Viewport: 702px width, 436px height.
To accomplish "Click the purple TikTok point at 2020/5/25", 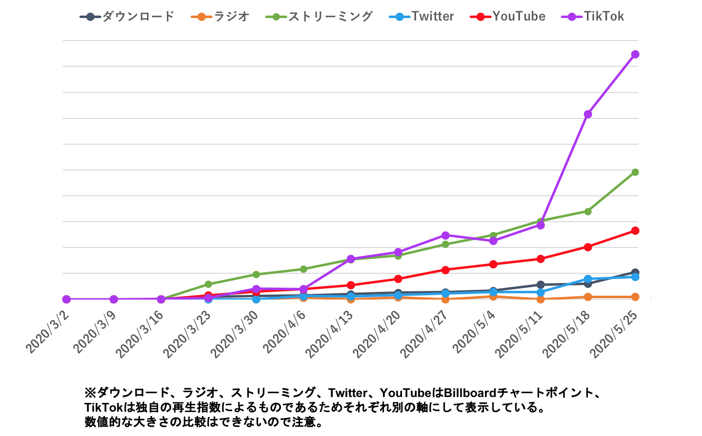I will click(635, 54).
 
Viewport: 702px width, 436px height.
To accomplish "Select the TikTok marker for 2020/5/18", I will click(588, 114).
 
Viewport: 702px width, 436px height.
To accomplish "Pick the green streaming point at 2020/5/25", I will click(635, 172).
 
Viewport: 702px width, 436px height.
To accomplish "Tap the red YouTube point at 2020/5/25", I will click(635, 231).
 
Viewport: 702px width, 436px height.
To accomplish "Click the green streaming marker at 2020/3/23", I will click(209, 284).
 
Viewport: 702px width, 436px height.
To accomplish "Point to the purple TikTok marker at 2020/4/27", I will click(445, 235).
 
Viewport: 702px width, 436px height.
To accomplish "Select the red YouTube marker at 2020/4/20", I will click(398, 279).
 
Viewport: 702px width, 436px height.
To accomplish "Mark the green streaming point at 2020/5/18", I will click(588, 211).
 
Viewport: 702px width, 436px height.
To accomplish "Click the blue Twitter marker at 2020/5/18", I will click(588, 279).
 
